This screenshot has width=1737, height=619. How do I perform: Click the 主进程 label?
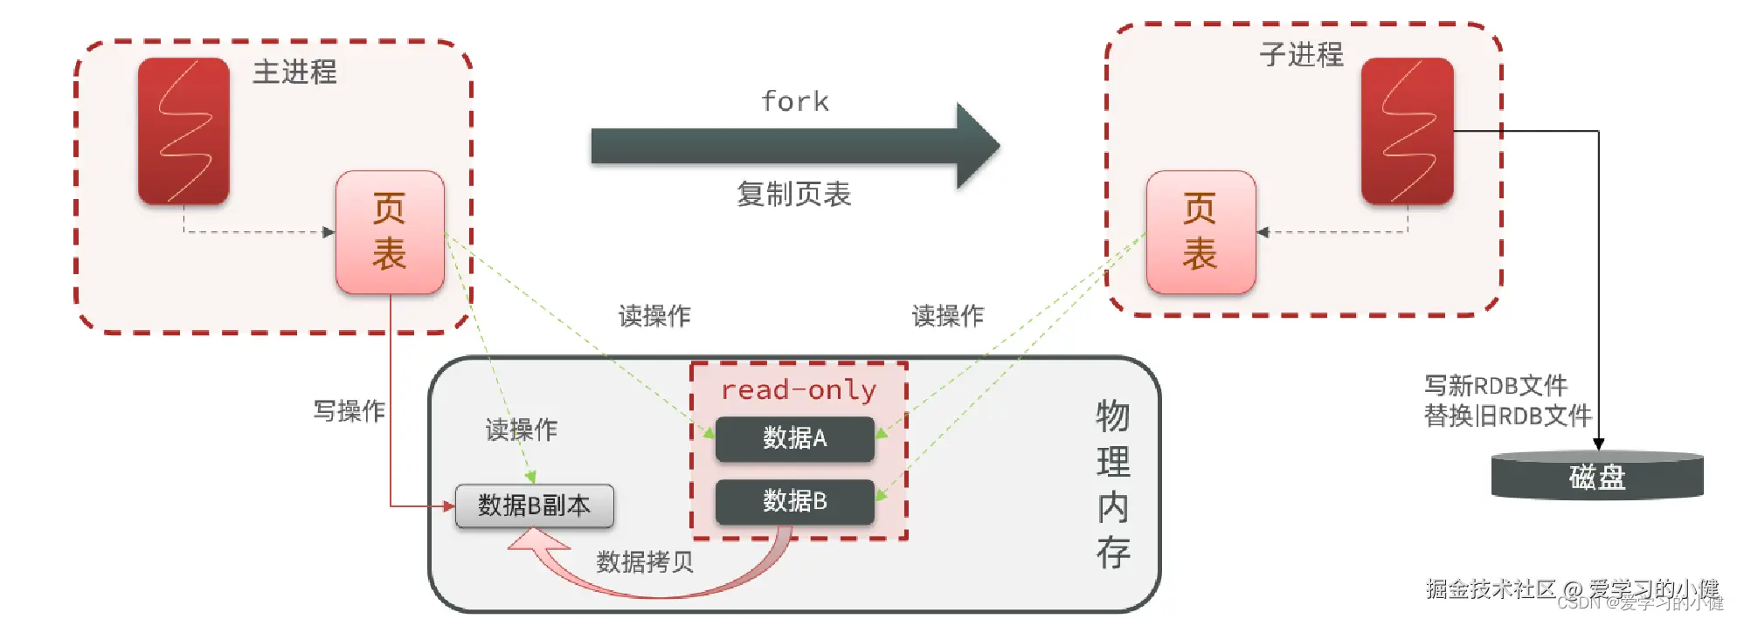tap(294, 72)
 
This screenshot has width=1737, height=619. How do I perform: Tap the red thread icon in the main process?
tap(183, 131)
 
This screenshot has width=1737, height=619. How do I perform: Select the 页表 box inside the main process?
tap(390, 232)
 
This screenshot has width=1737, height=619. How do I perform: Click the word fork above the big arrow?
tap(794, 101)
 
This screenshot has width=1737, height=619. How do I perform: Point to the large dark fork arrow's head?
tap(977, 146)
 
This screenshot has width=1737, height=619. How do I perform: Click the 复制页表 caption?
tap(793, 194)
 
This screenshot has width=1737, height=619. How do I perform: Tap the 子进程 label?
tap(1301, 54)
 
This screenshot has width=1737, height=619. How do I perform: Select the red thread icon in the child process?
tap(1407, 131)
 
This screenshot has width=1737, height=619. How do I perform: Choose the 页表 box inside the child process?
tap(1201, 232)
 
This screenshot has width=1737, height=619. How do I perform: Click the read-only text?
tap(798, 389)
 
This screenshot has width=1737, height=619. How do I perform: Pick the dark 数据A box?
tap(794, 438)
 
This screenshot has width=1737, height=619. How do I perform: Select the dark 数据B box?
tap(794, 501)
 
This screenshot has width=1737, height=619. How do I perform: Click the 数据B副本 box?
tap(534, 506)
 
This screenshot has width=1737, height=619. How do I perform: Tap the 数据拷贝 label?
tap(645, 561)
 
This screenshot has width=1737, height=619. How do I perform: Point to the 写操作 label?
tap(349, 410)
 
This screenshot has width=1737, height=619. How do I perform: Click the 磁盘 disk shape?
tap(1597, 477)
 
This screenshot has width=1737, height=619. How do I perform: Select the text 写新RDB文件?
tap(1496, 385)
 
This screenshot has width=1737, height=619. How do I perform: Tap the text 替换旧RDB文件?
tap(1507, 416)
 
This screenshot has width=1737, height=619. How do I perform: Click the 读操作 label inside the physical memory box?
tap(521, 430)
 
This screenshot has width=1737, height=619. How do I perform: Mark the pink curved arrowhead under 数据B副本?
tap(529, 542)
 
